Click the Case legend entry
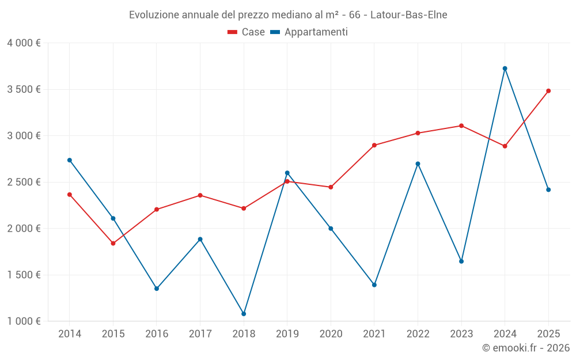point(247,32)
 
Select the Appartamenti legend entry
point(309,32)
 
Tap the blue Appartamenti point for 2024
point(505,69)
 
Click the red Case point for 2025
point(548,91)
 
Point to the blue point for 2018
point(244,314)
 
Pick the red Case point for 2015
point(113,244)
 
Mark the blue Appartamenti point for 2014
point(70,160)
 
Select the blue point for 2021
point(374,285)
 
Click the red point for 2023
point(461,126)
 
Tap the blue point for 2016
point(157,289)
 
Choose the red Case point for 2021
point(374,145)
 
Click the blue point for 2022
point(418,164)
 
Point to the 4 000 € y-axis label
point(24,43)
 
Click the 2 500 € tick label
point(24,182)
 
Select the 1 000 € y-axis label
point(24,321)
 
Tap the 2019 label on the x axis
point(287,334)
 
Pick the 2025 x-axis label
point(548,334)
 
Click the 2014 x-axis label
point(70,334)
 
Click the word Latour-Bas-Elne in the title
point(408,15)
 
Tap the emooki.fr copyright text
point(525,348)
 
